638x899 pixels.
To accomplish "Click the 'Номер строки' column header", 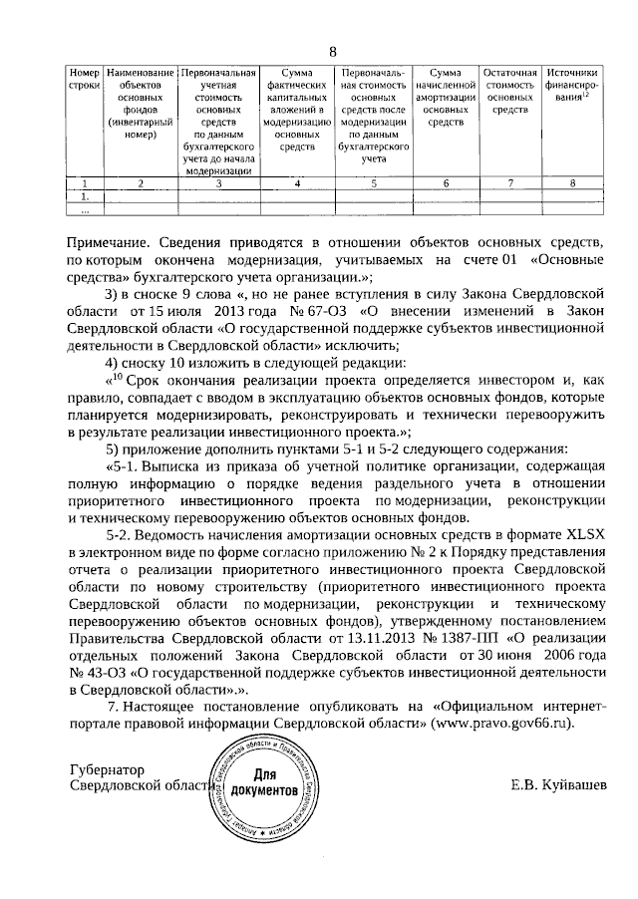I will (85, 80).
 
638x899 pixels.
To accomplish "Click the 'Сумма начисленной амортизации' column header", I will (445, 98).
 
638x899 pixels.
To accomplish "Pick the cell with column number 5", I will (373, 183).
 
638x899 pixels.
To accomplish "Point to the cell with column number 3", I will (218, 183).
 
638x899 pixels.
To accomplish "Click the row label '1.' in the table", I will (85, 197).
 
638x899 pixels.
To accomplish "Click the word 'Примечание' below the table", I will (111, 242).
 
